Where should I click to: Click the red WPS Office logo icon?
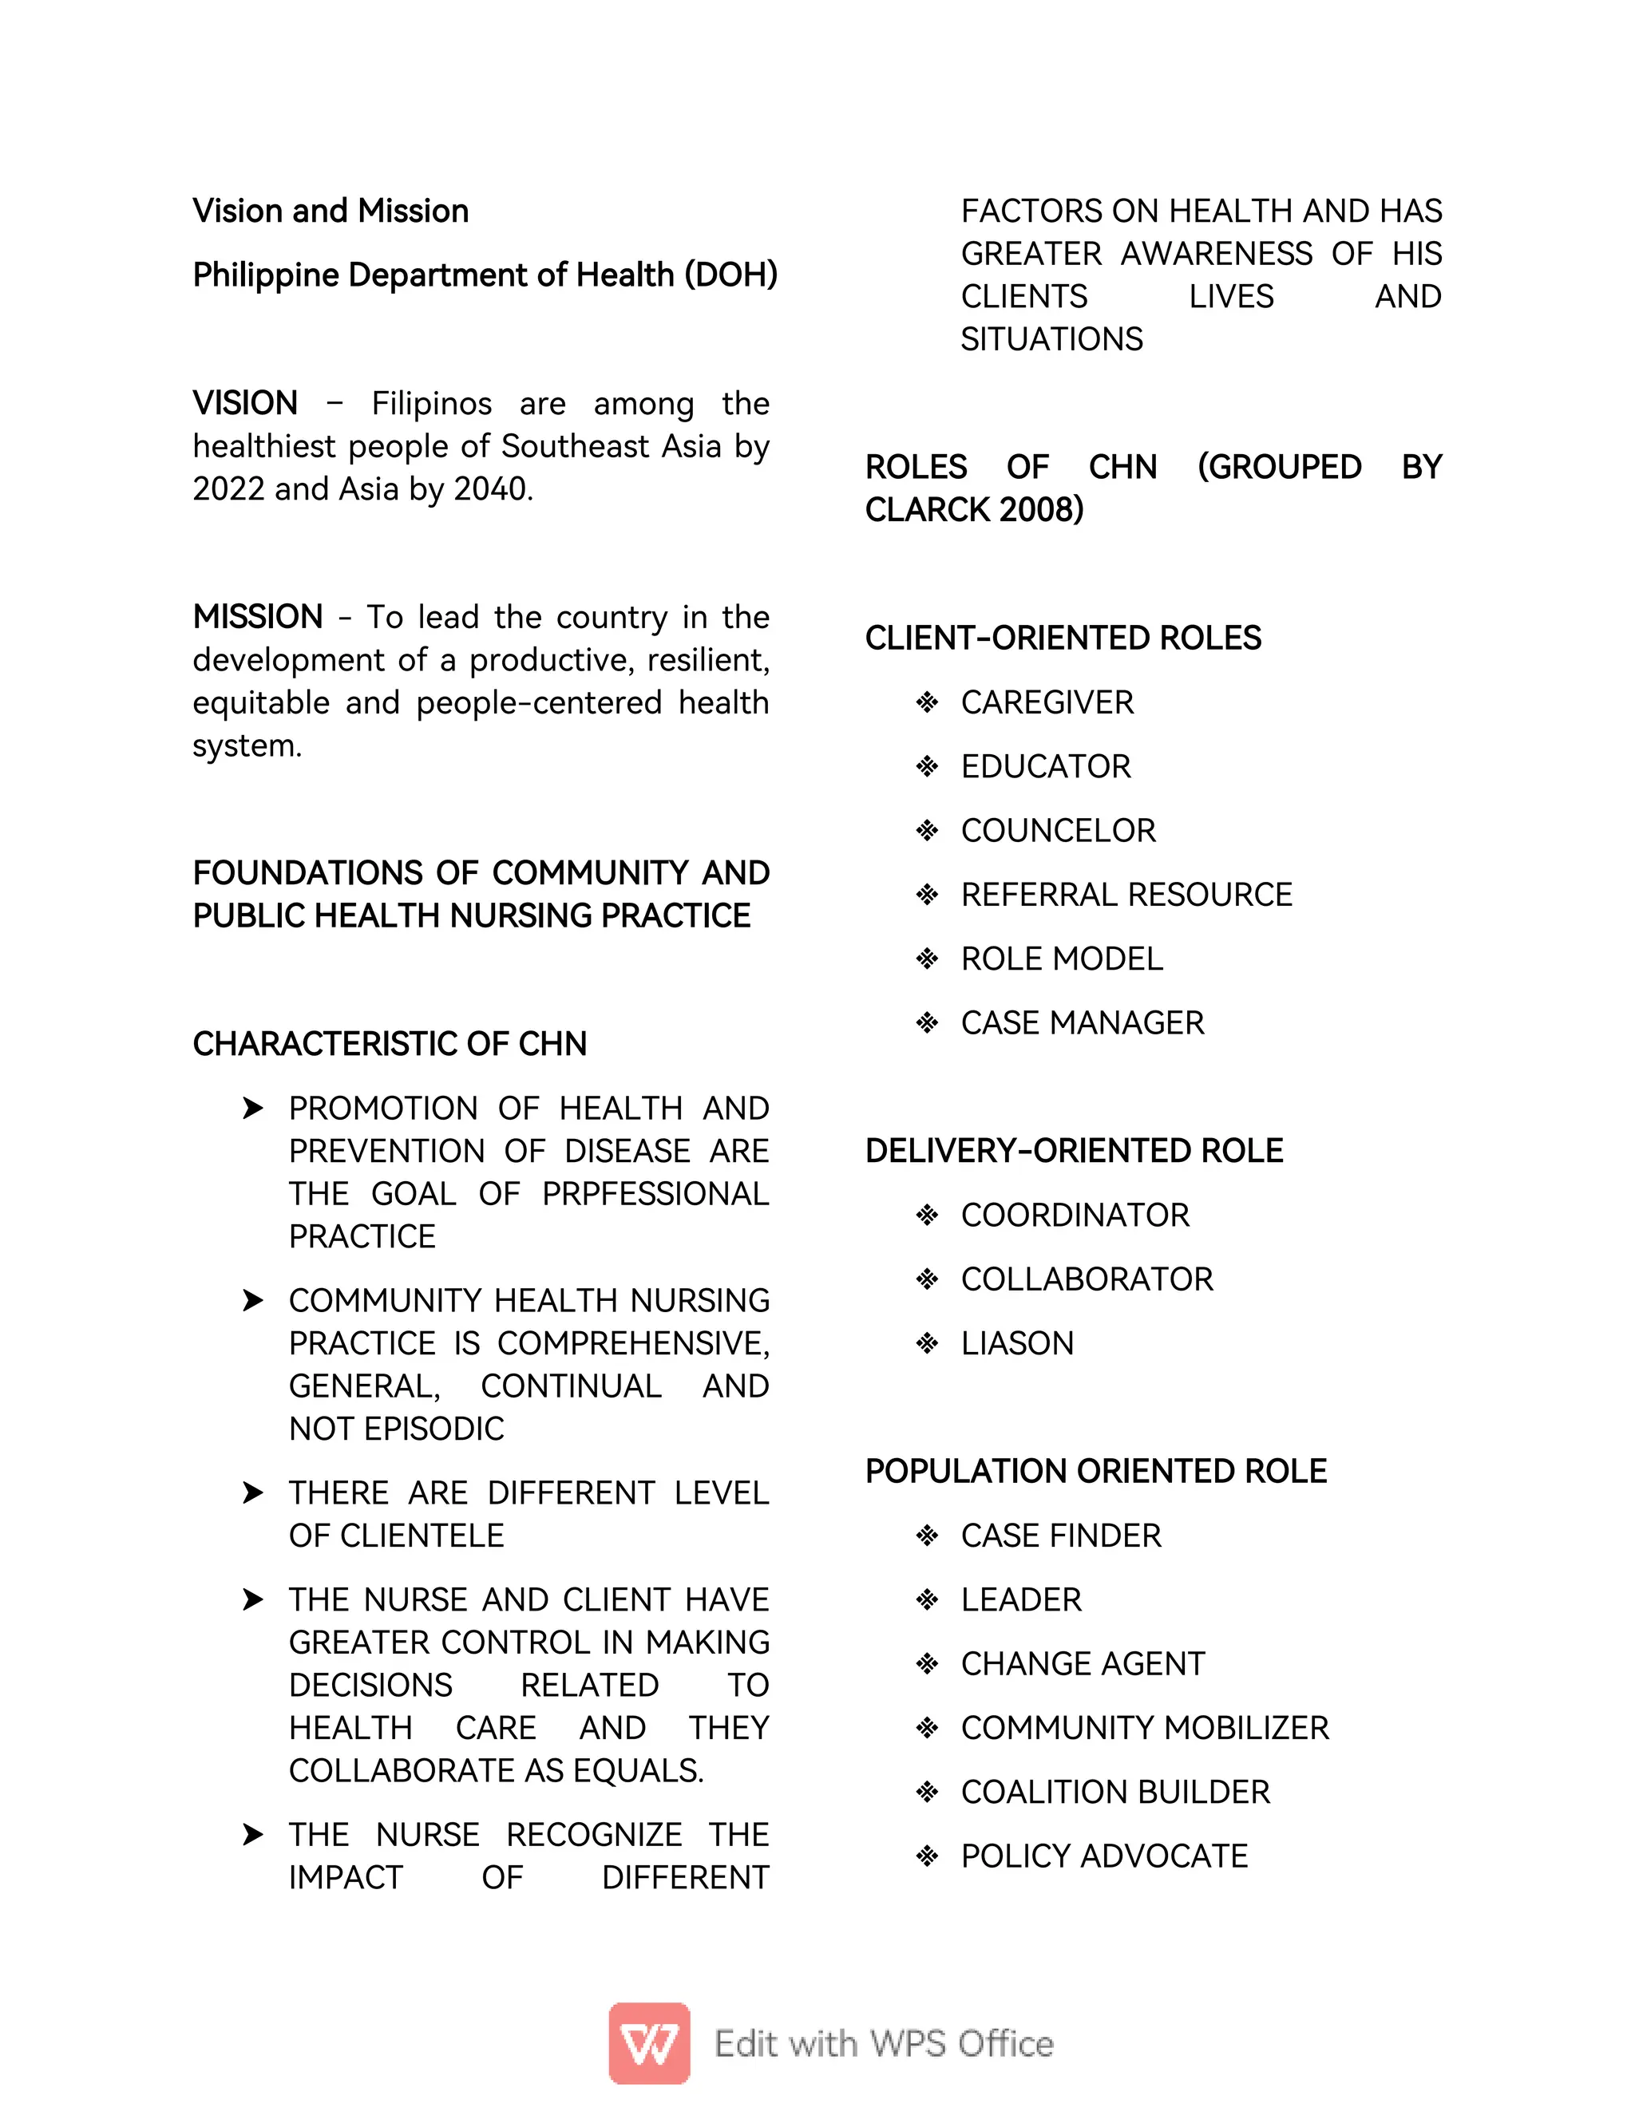click(649, 2042)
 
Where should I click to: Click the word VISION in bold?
click(245, 403)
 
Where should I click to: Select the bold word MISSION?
click(258, 617)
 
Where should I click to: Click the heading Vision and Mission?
click(331, 211)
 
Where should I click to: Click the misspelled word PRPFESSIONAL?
click(655, 1194)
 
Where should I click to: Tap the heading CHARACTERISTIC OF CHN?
click(390, 1044)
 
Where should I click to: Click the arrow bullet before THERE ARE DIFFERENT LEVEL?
click(253, 1492)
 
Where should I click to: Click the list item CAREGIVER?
click(1046, 702)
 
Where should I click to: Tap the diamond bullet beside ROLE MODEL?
click(927, 959)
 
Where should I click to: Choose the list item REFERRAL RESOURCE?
click(1126, 895)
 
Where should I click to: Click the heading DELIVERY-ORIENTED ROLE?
click(1073, 1150)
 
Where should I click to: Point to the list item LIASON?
click(1016, 1343)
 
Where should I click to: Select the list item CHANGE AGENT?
click(1082, 1664)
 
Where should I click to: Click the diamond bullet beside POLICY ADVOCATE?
click(927, 1856)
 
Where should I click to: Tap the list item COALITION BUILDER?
click(1114, 1792)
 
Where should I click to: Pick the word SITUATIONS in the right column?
click(1051, 339)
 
